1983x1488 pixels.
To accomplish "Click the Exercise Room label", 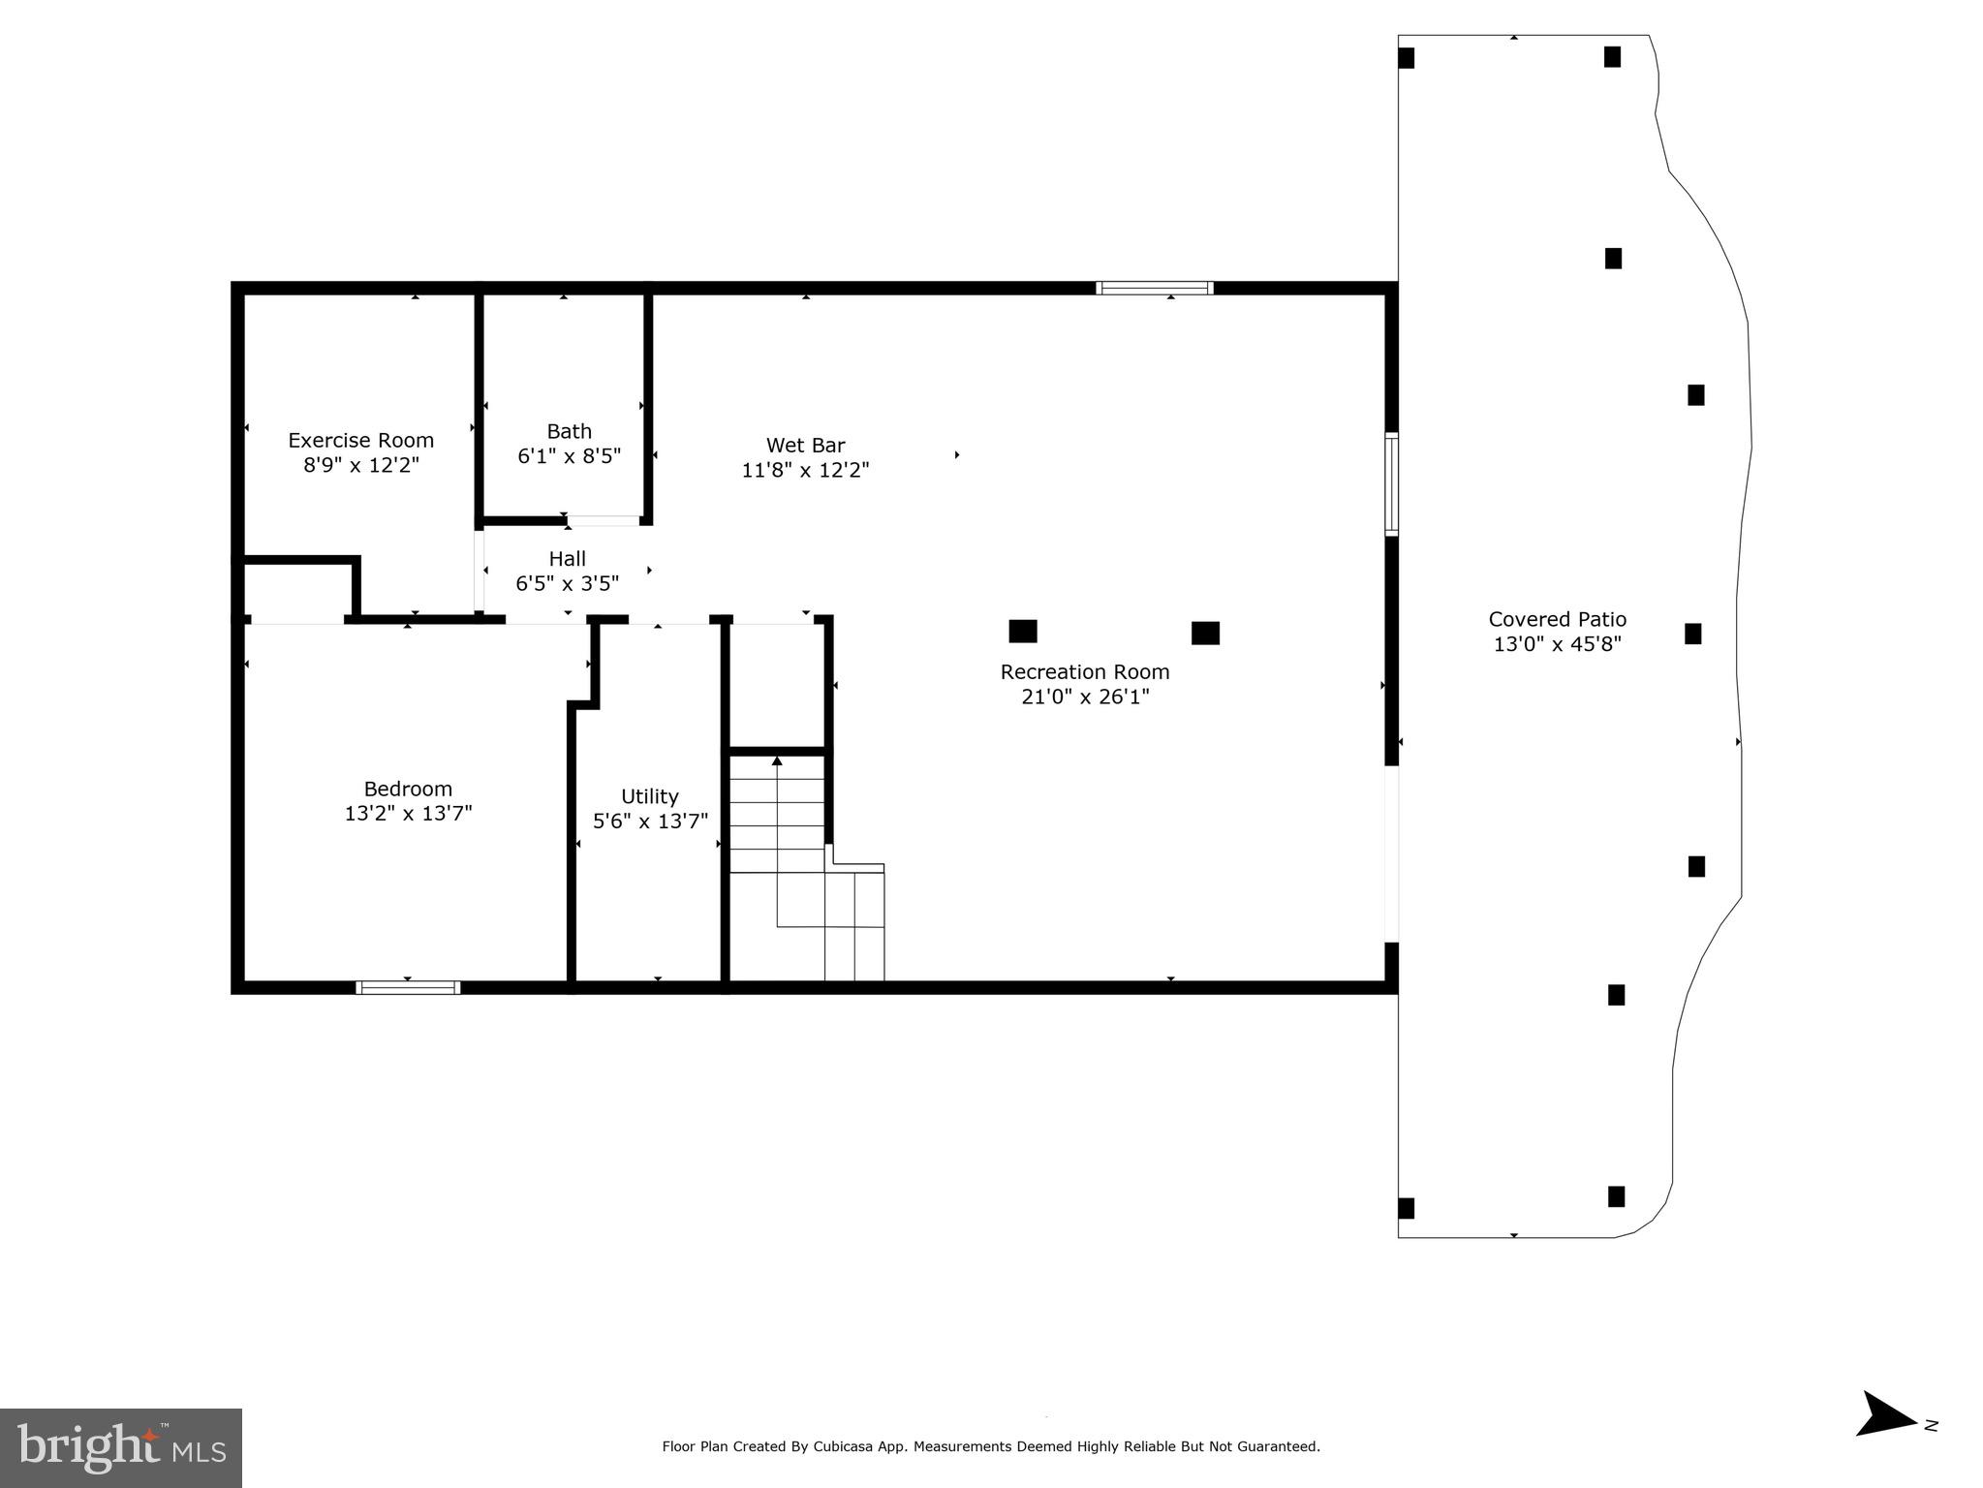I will [360, 440].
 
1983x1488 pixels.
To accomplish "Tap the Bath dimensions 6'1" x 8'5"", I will [569, 456].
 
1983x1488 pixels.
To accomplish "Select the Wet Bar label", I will [805, 445].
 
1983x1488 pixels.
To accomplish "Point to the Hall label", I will [567, 558].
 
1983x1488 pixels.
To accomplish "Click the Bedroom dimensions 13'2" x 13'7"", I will [408, 814].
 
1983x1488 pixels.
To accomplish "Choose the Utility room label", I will [649, 796].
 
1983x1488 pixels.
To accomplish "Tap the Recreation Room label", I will [1084, 671].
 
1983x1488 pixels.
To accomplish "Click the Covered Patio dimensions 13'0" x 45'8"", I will [1557, 644].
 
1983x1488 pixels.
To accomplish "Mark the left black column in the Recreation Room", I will [1022, 632].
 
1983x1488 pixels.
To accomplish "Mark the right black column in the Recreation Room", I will [1204, 633].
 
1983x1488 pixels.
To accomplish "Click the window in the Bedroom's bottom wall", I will [408, 987].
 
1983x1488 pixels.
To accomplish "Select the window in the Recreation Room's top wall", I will [1154, 288].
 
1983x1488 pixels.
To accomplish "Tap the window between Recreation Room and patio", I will [1391, 483].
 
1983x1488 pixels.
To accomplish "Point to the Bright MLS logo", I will [120, 1448].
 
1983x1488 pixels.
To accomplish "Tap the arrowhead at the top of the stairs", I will [777, 761].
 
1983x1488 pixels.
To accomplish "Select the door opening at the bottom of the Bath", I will [603, 521].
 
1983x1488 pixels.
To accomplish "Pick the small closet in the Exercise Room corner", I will [295, 589].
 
